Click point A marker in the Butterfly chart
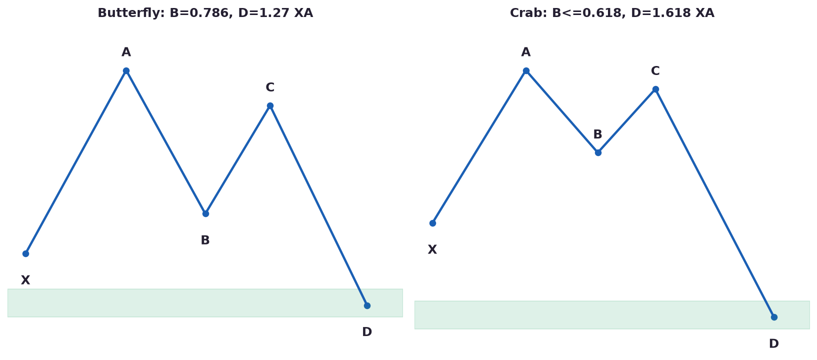click(126, 71)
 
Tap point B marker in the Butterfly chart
click(205, 213)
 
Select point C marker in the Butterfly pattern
click(270, 106)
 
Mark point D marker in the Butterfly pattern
click(367, 305)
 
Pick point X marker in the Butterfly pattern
click(25, 253)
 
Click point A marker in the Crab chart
click(526, 71)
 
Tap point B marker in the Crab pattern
click(598, 152)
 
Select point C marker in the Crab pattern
click(655, 89)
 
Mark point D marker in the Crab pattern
click(774, 317)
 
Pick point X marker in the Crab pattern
click(432, 223)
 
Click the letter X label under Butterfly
click(25, 280)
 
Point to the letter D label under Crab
click(774, 343)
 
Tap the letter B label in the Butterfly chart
click(205, 240)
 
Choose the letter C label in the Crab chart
click(655, 71)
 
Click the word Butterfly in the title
click(131, 13)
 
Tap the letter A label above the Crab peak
click(526, 52)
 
